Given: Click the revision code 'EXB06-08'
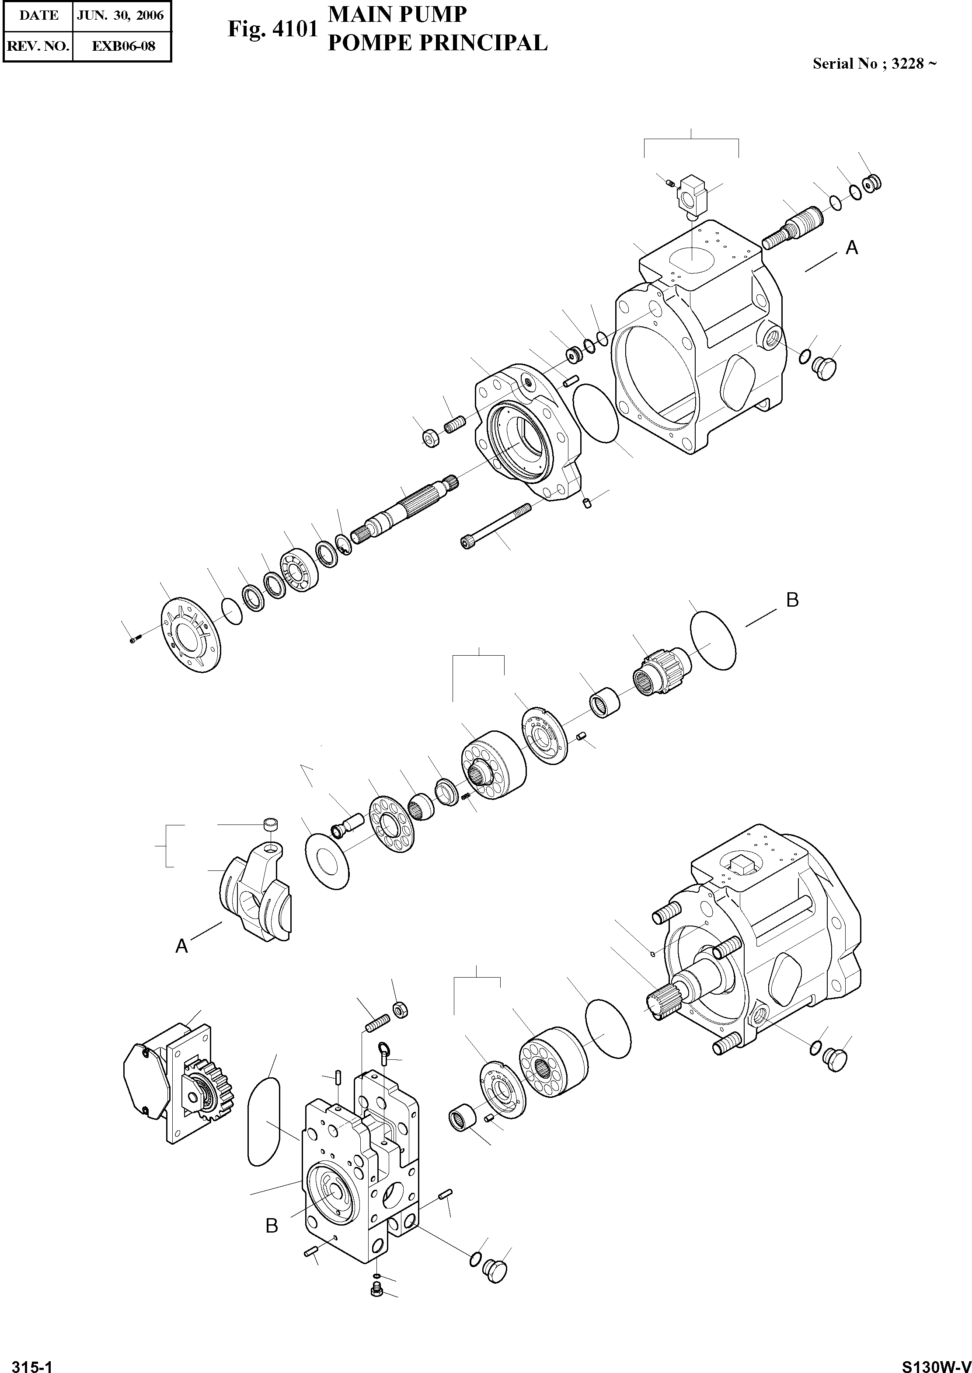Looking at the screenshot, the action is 123,46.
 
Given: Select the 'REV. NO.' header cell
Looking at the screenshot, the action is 38,46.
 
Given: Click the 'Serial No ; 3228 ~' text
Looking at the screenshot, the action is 874,64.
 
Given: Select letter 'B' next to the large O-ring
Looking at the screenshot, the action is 792,600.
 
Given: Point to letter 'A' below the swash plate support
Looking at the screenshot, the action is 181,946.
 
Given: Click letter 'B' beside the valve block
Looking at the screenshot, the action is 272,1226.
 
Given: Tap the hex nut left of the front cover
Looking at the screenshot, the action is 430,438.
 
